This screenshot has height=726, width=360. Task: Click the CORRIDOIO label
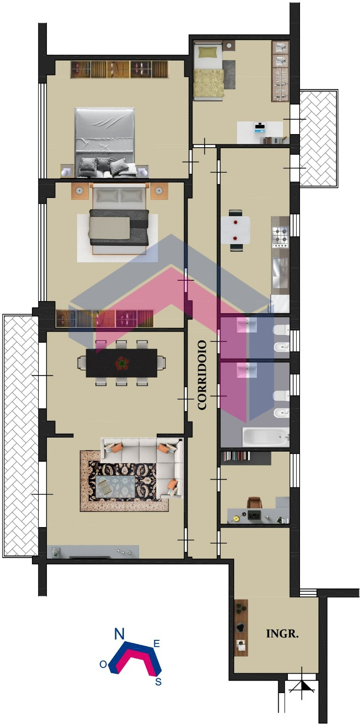pyautogui.click(x=202, y=375)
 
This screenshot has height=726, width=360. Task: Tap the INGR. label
pyautogui.click(x=282, y=634)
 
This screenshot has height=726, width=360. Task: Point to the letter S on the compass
pyautogui.click(x=158, y=681)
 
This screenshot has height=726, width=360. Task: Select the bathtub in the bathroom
pyautogui.click(x=266, y=438)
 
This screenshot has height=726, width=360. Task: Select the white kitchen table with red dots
pyautogui.click(x=236, y=230)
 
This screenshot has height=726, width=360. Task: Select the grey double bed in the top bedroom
pyautogui.click(x=105, y=142)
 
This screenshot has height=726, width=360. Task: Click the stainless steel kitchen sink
pyautogui.click(x=280, y=272)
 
